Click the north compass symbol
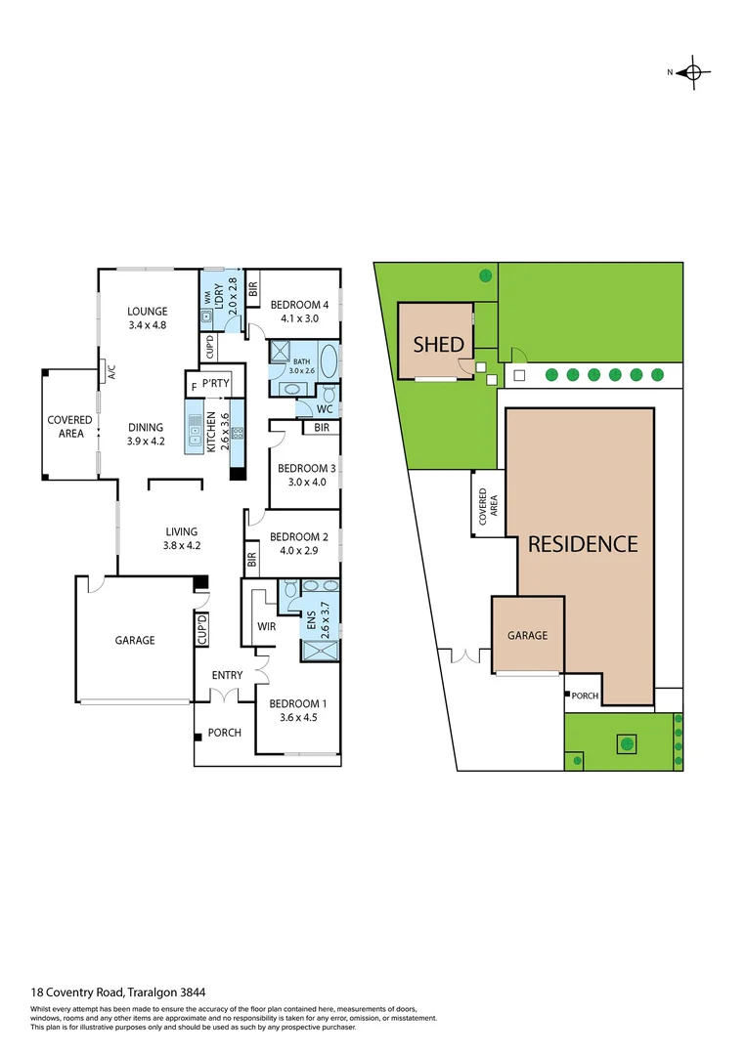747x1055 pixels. pyautogui.click(x=693, y=71)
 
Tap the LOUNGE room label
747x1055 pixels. pyautogui.click(x=148, y=312)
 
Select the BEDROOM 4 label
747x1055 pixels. pyautogui.click(x=299, y=303)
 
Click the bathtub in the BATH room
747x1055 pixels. pyautogui.click(x=328, y=359)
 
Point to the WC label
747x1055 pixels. pyautogui.click(x=325, y=409)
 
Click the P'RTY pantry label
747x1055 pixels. pyautogui.click(x=215, y=384)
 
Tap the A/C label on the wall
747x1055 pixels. pyautogui.click(x=111, y=371)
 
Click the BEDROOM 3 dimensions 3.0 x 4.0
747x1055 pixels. pyautogui.click(x=305, y=482)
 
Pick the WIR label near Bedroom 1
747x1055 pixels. pyautogui.click(x=268, y=625)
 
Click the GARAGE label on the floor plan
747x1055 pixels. pyautogui.click(x=135, y=640)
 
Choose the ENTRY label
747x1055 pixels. pyautogui.click(x=227, y=675)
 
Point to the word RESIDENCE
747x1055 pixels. pyautogui.click(x=583, y=544)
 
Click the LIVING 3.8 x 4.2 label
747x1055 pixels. pyautogui.click(x=181, y=538)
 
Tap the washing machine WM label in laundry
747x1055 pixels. pyautogui.click(x=207, y=295)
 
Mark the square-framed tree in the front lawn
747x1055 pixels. pyautogui.click(x=625, y=744)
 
